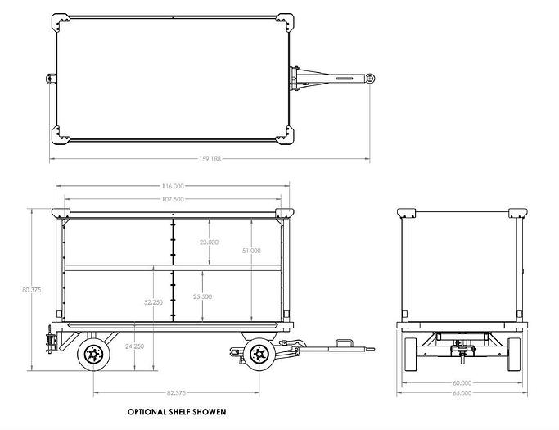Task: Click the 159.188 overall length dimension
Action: [209, 159]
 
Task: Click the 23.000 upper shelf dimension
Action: [209, 242]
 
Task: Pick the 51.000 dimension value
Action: [254, 251]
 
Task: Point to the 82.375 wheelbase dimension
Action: [174, 394]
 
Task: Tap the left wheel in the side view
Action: [92, 355]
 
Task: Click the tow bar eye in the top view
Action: [371, 78]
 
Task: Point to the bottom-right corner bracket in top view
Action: [282, 132]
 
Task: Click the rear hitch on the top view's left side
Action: [50, 79]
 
